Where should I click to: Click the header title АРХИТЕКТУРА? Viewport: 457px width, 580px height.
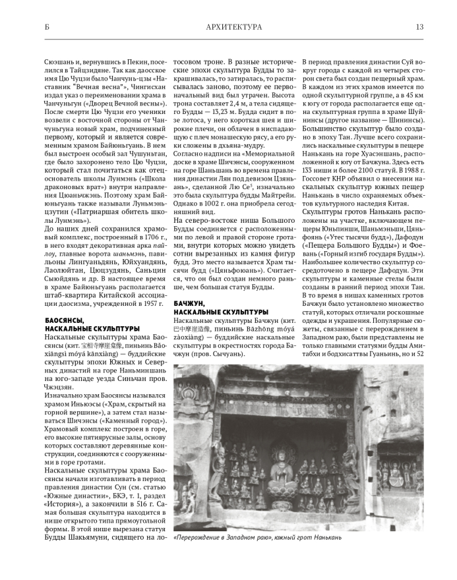point(234,27)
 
